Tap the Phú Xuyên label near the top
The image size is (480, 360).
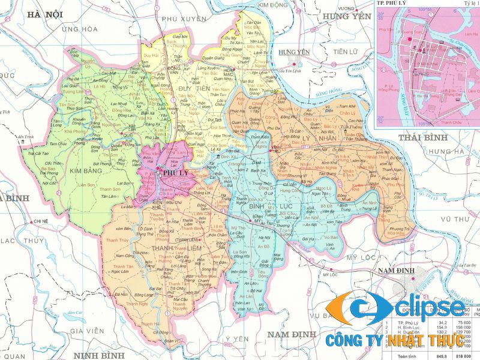(x=182, y=19)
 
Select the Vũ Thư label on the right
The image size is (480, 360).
(x=455, y=220)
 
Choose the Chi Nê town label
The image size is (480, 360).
(x=41, y=221)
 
